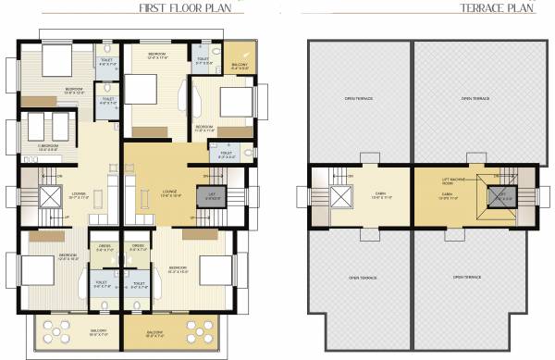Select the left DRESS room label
pyautogui.click(x=104, y=248)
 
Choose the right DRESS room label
pyautogui.click(x=137, y=248)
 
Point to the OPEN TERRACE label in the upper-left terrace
pyautogui.click(x=357, y=98)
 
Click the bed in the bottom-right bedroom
pyautogui.click(x=215, y=269)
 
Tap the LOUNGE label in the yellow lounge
pyautogui.click(x=167, y=193)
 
